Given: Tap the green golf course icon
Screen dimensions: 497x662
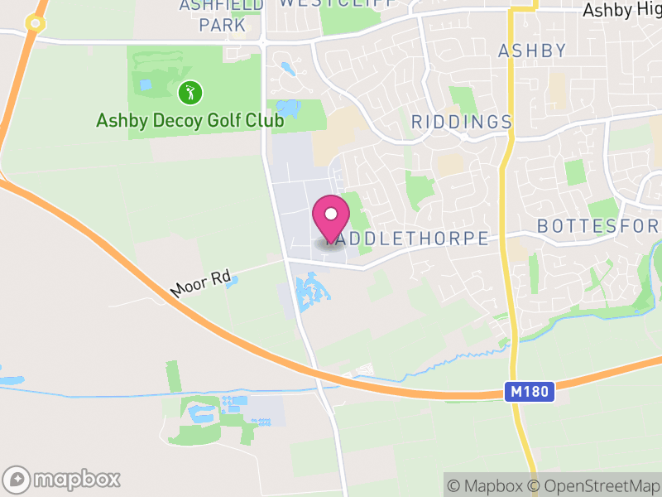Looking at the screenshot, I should point(190,91).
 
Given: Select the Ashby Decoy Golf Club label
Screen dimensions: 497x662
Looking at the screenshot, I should point(189,121).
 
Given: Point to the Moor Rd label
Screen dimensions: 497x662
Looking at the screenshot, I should point(199,284).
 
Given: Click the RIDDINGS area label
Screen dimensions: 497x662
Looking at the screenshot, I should point(462,123).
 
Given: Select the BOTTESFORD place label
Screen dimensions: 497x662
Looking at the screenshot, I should point(598,226).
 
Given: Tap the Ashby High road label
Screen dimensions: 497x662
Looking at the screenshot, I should point(621,11).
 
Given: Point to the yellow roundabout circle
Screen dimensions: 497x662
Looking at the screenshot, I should point(34,23).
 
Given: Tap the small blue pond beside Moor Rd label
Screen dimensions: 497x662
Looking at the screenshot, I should point(232,281).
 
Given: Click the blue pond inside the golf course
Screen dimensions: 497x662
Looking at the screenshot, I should point(146,84).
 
